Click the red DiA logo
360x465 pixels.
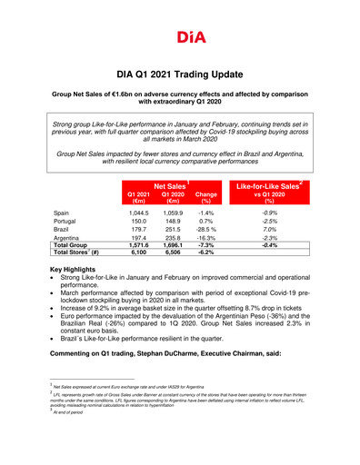pyautogui.click(x=179, y=36)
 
